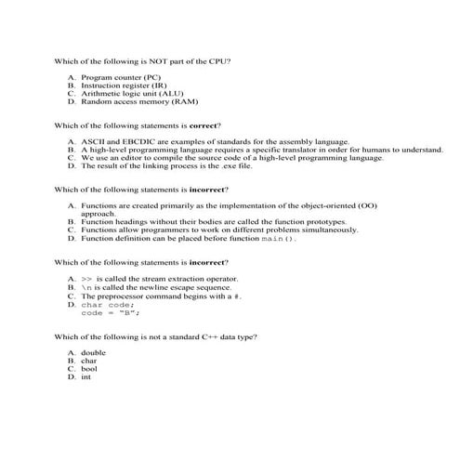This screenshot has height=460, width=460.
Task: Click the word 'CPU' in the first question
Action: click(x=217, y=60)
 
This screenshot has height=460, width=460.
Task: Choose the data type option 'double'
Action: click(x=94, y=353)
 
